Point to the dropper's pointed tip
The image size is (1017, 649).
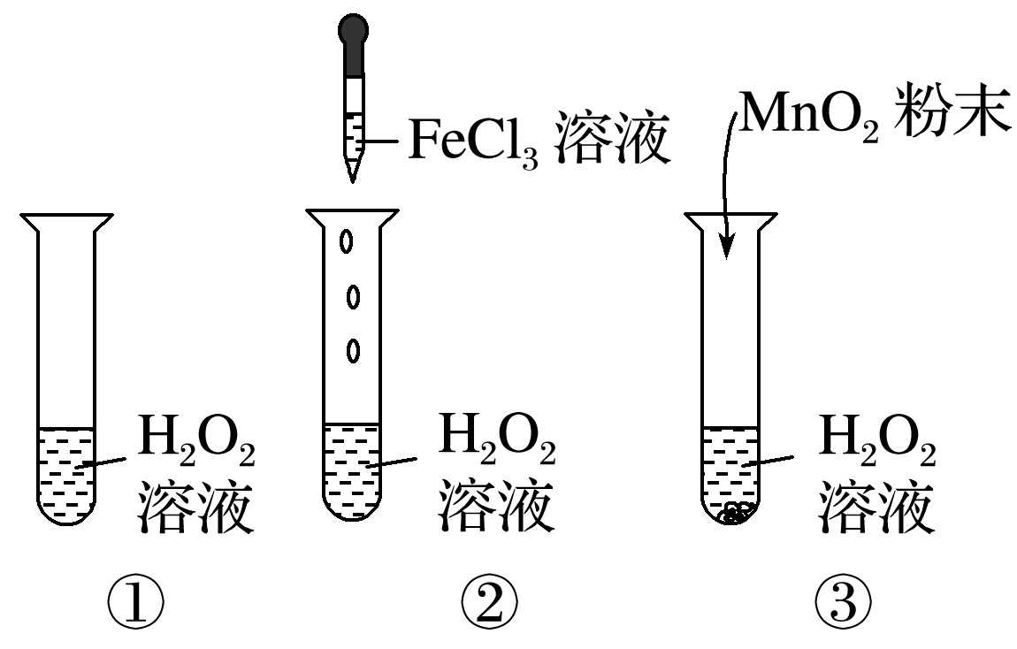pos(352,175)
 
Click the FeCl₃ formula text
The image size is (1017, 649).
pos(472,141)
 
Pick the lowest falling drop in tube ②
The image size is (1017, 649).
pos(353,351)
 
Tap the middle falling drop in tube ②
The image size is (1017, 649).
pos(352,297)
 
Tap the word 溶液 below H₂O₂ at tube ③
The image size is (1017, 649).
pos(876,507)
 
